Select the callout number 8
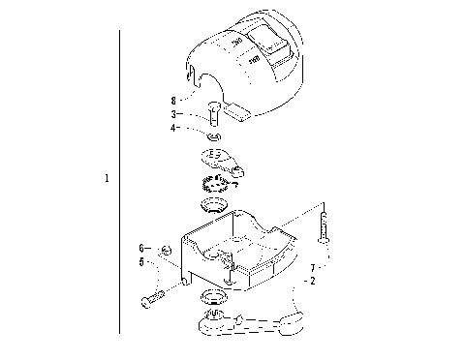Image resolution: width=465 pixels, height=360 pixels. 172,99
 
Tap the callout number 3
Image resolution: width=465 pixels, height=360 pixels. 172,113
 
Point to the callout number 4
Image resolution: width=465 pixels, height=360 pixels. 172,127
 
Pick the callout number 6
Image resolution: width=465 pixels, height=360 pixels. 141,248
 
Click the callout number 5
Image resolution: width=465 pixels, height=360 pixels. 141,261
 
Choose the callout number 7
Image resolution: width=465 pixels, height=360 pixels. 312,267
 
